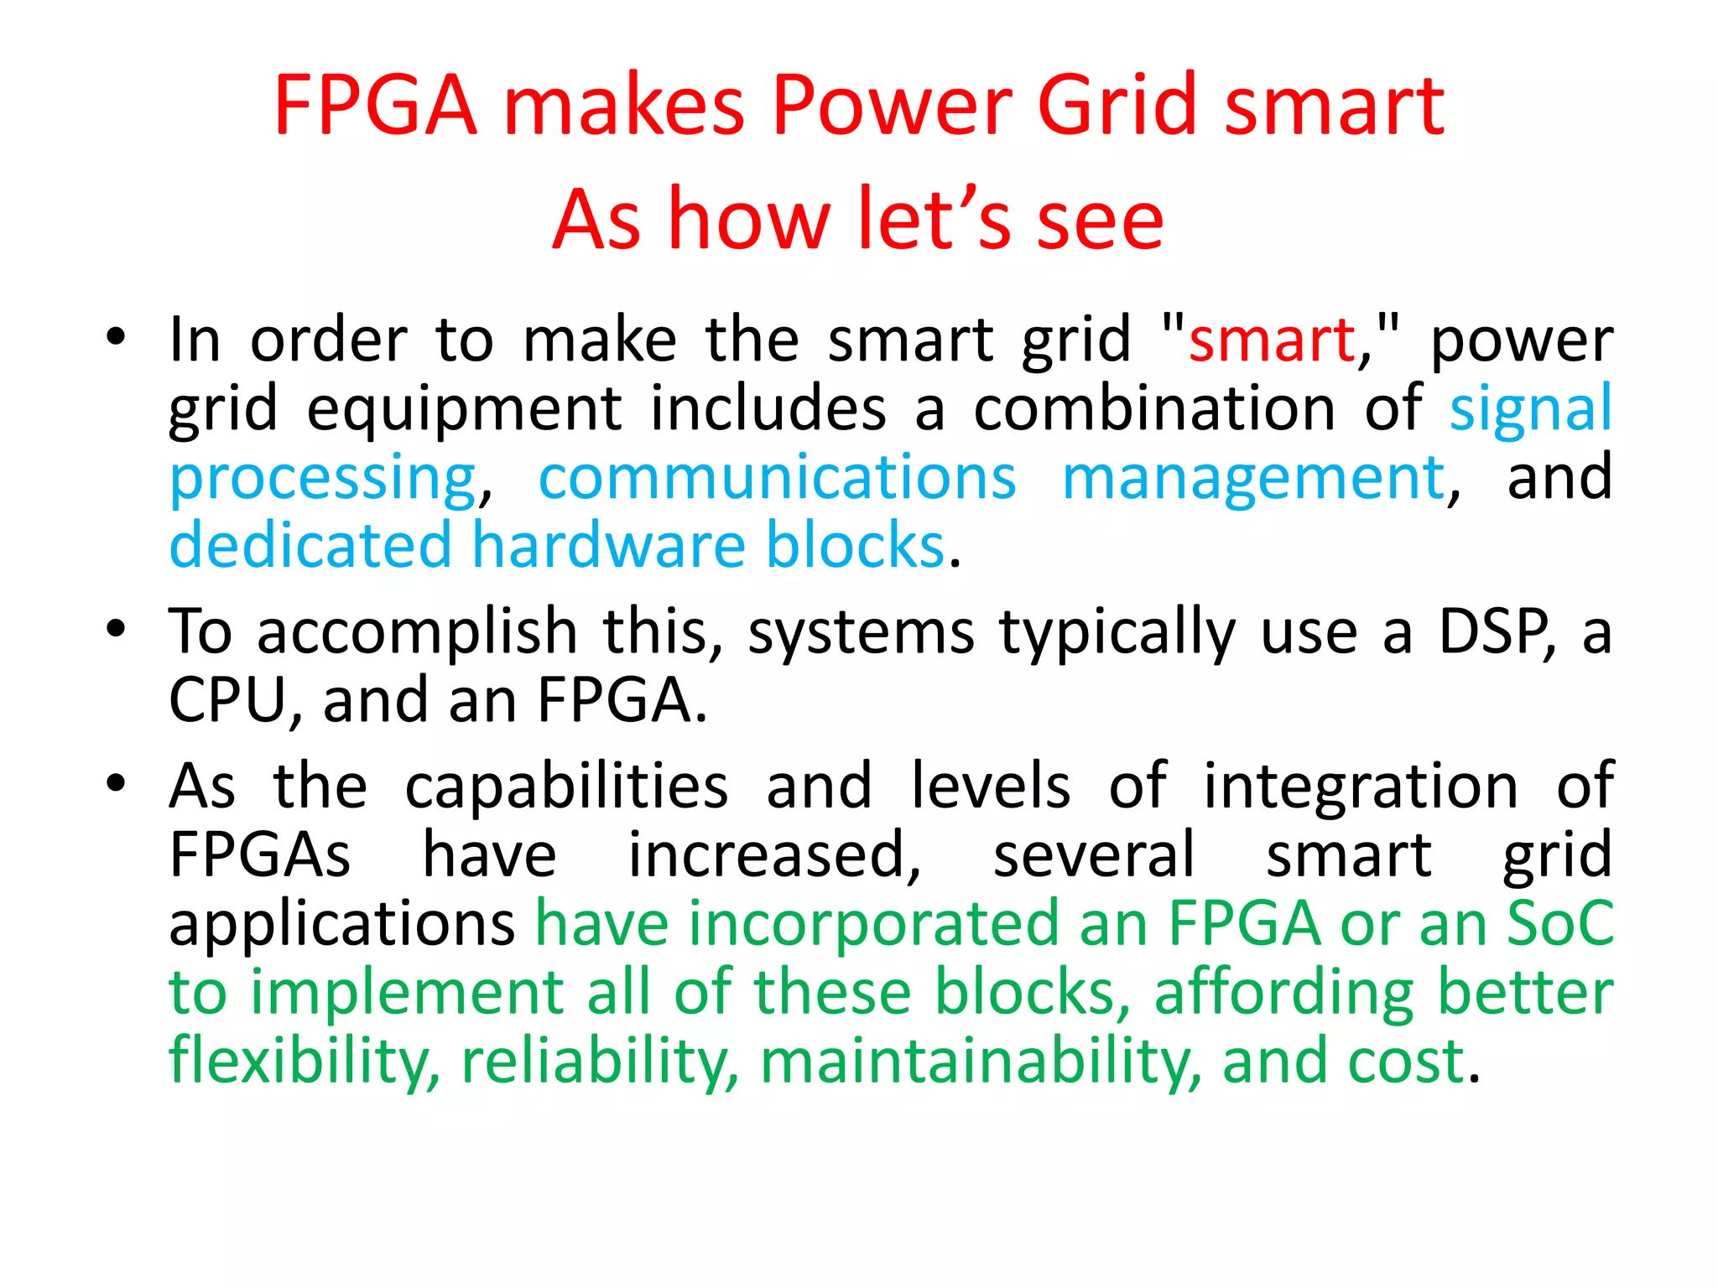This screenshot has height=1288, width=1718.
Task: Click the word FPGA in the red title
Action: pos(375,106)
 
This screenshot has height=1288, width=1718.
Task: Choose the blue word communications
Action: pos(777,478)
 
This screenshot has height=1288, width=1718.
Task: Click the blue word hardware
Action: pos(608,546)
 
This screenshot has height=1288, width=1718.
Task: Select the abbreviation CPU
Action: pos(227,700)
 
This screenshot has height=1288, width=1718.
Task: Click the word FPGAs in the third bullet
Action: pos(260,854)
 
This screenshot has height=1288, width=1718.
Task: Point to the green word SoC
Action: pos(1560,923)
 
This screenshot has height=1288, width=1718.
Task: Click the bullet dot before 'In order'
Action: pos(116,339)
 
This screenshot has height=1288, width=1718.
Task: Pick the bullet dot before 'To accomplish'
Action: pos(116,630)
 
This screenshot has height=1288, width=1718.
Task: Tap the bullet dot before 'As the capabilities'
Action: pos(116,784)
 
